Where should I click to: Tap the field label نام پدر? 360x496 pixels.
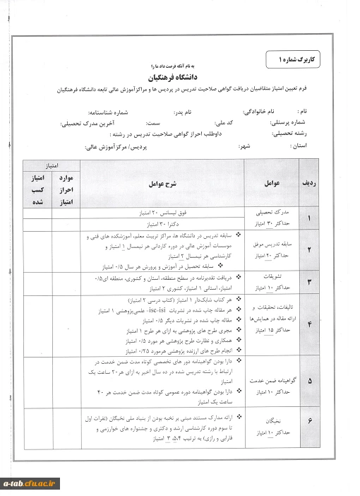coord(190,112)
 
